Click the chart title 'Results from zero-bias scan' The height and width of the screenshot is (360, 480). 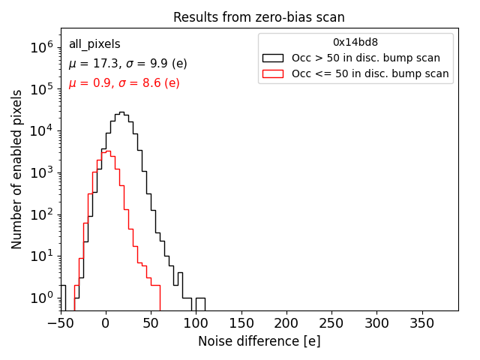259,17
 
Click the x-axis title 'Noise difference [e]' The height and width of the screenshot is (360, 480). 259,341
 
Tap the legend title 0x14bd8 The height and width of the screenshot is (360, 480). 355,42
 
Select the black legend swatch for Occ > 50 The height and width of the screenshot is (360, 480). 272,58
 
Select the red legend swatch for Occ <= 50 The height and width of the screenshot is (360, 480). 272,73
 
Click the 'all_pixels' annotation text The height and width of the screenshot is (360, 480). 94,44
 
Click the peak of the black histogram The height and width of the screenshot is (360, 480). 121,112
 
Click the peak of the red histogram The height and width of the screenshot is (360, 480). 107,151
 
